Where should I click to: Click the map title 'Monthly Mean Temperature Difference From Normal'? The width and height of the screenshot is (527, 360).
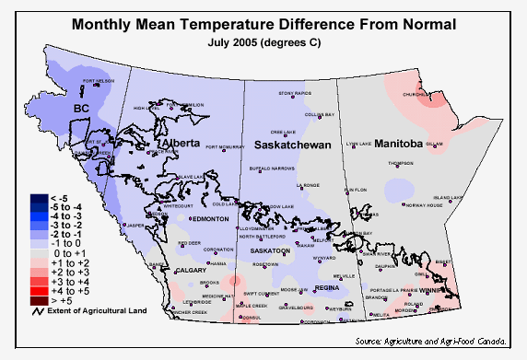click(263, 24)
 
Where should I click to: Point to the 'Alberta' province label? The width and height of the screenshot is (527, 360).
click(181, 145)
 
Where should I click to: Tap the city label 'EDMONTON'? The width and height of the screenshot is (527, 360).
click(211, 219)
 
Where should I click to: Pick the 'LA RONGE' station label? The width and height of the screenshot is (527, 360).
click(307, 185)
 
